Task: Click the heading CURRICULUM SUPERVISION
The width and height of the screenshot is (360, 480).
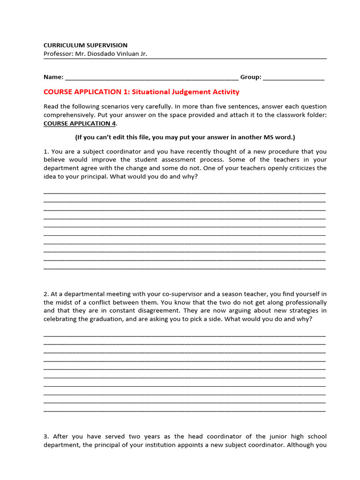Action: tap(85, 45)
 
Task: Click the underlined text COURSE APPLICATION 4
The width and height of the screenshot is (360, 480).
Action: tap(79, 123)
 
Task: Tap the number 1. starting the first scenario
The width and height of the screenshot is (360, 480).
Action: tap(46, 151)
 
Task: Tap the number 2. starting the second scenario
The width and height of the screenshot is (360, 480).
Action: tap(46, 294)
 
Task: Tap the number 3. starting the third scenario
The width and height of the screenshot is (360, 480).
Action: tap(46, 436)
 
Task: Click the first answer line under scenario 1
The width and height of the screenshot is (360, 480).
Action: tap(185, 192)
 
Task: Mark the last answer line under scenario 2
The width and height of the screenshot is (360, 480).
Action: tap(185, 411)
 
